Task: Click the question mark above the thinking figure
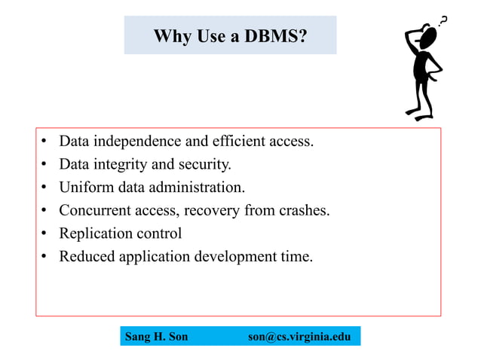(x=443, y=20)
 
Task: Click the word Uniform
(x=85, y=187)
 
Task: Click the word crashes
(x=303, y=210)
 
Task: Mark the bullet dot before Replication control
(x=45, y=233)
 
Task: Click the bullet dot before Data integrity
(x=45, y=164)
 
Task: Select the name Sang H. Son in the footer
(x=156, y=337)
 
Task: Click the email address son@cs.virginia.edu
(x=299, y=337)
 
